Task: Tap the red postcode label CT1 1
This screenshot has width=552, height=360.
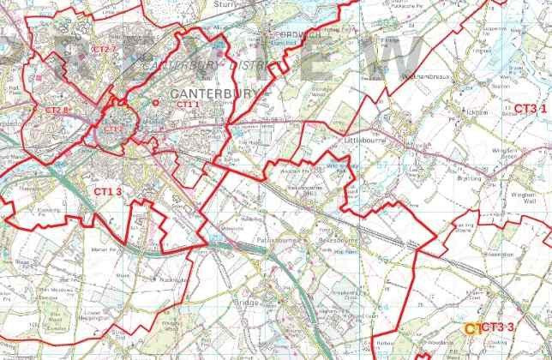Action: point(188,104)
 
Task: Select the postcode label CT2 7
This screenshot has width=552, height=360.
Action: point(103,49)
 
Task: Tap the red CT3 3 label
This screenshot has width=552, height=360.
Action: point(498,327)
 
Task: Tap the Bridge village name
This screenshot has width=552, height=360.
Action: point(244,303)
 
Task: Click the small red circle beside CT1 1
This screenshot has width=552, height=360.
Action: point(156,102)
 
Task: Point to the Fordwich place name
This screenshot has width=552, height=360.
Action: point(290,36)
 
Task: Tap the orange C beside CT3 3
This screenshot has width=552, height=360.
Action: point(470,327)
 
